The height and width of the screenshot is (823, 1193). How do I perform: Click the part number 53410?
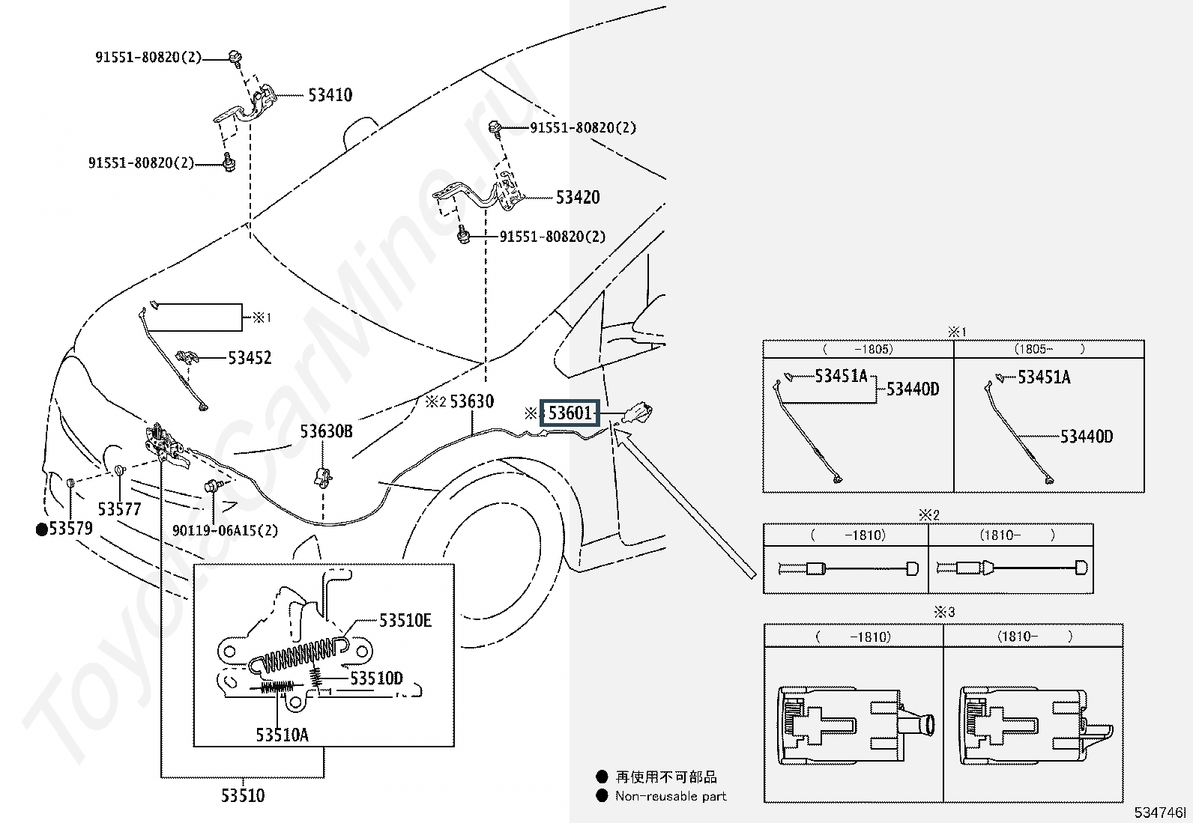click(x=330, y=95)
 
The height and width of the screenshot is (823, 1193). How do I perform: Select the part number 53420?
click(x=578, y=198)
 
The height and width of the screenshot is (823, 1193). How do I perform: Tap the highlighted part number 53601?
click(x=571, y=413)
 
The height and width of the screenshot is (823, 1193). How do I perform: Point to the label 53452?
click(x=250, y=358)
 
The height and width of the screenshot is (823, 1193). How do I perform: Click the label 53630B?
click(x=326, y=431)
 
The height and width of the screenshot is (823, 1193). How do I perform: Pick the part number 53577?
click(x=120, y=509)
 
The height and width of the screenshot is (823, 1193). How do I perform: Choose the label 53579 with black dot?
click(x=65, y=529)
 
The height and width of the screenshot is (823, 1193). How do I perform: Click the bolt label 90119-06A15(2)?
click(x=225, y=530)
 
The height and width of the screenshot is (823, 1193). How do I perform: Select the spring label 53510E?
click(x=405, y=620)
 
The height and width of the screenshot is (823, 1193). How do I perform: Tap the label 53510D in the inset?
click(x=376, y=678)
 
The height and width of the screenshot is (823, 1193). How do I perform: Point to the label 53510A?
click(x=282, y=735)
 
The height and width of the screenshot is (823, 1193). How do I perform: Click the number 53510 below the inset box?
click(x=243, y=795)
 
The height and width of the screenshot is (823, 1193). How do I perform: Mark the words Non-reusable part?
click(x=671, y=796)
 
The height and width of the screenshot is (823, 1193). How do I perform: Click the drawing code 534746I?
click(x=1160, y=813)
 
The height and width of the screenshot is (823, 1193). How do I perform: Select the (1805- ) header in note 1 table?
click(x=1049, y=349)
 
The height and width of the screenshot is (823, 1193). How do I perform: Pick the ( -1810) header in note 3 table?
click(x=853, y=637)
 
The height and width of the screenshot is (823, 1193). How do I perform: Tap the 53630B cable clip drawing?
click(x=323, y=476)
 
